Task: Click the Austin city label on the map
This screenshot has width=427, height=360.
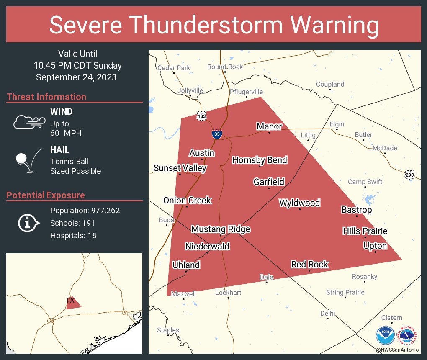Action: [202, 153]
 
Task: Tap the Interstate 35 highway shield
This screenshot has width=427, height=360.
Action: [216, 134]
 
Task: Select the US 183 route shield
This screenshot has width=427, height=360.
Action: [201, 116]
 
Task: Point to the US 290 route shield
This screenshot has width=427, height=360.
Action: [410, 175]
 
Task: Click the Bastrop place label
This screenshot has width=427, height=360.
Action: [356, 210]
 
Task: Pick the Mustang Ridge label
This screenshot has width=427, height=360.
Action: [221, 229]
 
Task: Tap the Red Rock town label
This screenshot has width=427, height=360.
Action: [310, 265]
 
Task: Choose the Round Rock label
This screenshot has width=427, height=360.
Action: [225, 67]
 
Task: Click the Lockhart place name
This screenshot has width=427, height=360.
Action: [228, 293]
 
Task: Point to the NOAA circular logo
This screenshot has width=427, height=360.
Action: [385, 336]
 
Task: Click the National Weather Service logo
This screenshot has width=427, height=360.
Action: [408, 336]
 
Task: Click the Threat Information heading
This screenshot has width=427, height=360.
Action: [46, 97]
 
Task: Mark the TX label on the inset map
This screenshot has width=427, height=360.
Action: [70, 300]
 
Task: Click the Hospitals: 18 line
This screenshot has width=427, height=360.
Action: [73, 236]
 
